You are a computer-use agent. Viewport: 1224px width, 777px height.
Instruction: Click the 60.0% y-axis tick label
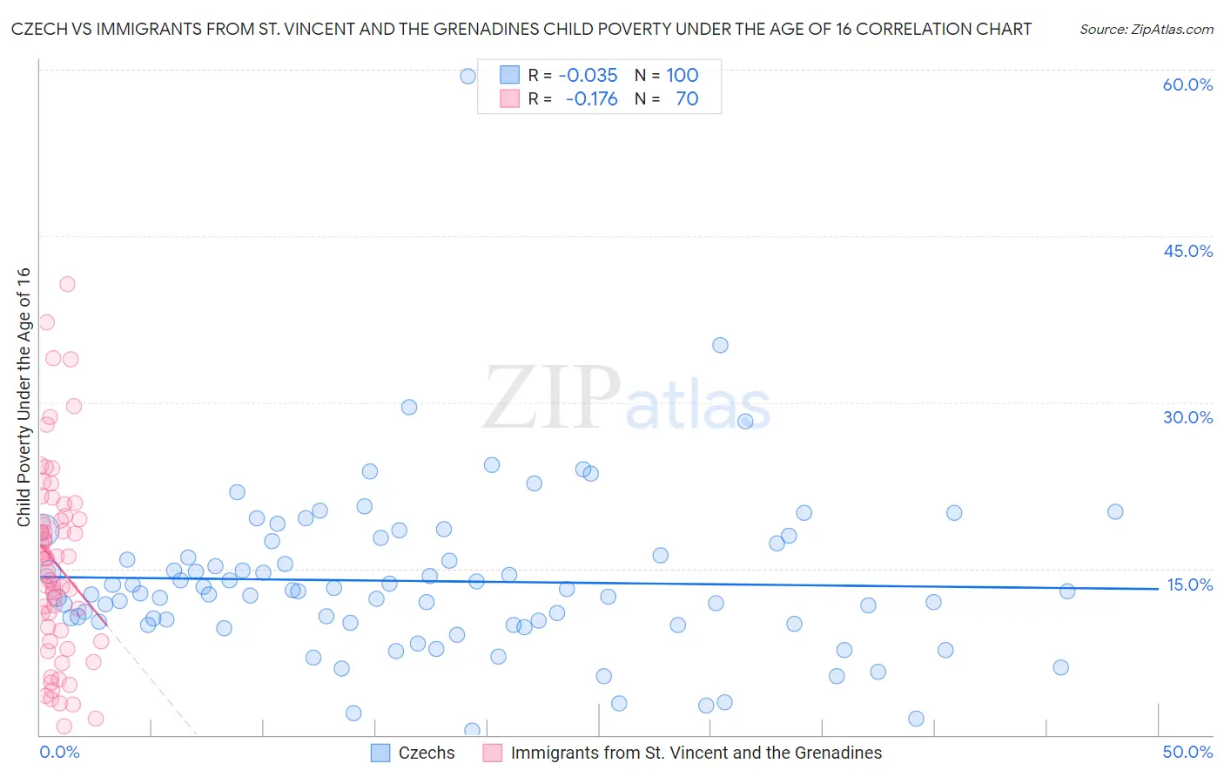(x=1187, y=84)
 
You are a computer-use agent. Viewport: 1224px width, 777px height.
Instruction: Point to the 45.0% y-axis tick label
(x=1187, y=251)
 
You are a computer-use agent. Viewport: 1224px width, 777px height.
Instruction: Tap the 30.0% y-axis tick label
(x=1187, y=417)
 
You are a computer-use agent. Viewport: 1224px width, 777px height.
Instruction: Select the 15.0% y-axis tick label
(x=1189, y=584)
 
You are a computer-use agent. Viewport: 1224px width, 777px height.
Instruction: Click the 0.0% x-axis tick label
(x=59, y=752)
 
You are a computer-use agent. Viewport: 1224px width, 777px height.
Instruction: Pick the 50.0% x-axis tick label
(x=1187, y=752)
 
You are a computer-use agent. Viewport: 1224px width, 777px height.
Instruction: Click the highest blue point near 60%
(x=467, y=76)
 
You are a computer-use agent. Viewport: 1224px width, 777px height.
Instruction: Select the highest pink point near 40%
(x=67, y=284)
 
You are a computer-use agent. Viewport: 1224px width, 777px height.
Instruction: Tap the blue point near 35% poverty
(x=720, y=345)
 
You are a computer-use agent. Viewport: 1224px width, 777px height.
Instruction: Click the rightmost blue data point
(x=1115, y=511)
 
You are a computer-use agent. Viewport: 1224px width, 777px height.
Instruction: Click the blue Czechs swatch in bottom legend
(x=380, y=753)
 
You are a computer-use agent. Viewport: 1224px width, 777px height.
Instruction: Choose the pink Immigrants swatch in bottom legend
(x=493, y=753)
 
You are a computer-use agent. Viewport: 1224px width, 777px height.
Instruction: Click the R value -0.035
(x=588, y=75)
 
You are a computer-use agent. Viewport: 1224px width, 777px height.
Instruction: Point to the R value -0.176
(x=591, y=98)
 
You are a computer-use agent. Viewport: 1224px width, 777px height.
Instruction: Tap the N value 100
(x=683, y=75)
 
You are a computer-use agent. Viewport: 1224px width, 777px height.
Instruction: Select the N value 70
(x=687, y=98)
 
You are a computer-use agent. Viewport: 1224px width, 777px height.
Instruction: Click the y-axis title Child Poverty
(x=24, y=396)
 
